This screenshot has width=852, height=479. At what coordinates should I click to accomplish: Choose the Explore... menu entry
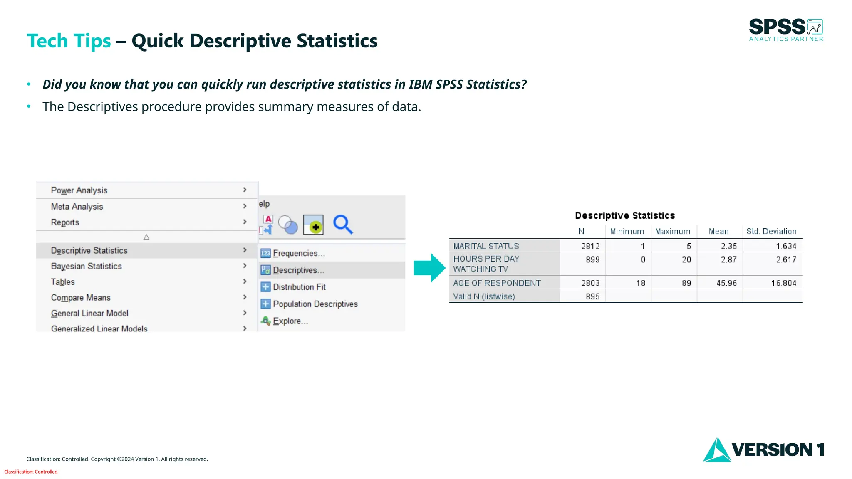pos(290,321)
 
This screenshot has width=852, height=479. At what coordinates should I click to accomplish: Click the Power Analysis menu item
pos(79,190)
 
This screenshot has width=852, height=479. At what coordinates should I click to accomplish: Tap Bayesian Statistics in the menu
pos(86,266)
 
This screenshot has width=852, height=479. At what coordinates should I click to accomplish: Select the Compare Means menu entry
pos(81,298)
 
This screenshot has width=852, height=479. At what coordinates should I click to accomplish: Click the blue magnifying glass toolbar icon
pos(343,225)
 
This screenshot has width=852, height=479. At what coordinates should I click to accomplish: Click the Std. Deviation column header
pos(771,231)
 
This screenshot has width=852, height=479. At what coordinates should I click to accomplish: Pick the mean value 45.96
pos(726,283)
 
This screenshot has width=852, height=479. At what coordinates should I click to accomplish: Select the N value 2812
pos(590,246)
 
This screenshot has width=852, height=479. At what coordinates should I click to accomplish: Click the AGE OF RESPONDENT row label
pos(497,283)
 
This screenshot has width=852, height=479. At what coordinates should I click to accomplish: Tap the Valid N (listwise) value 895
pos(593,296)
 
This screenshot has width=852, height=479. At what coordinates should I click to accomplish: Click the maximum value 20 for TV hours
pos(686,259)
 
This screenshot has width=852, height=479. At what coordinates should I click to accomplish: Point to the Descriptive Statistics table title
pos(625,215)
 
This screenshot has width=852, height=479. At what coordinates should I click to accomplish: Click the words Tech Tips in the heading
pos(69,41)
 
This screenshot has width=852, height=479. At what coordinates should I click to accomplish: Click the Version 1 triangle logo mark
pos(716,451)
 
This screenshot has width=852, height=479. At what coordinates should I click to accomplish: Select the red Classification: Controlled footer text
pos(31,472)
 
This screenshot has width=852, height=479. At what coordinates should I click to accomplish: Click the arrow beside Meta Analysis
pos(245,206)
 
